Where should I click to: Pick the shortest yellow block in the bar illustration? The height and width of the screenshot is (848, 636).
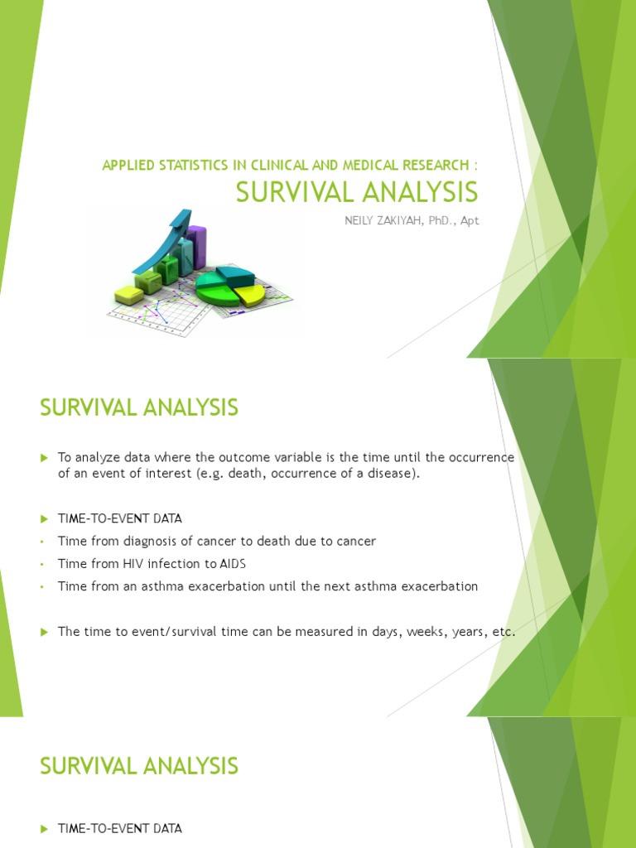129,293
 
